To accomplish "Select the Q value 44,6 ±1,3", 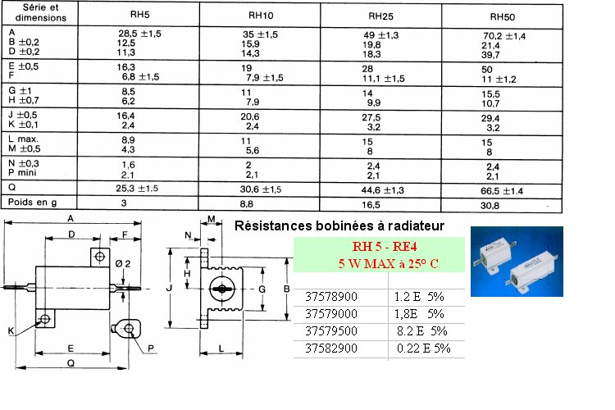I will click(382, 189).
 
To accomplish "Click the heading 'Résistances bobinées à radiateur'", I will click(339, 225).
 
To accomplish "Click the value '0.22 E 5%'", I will click(424, 348).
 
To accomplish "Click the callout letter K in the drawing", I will click(11, 330).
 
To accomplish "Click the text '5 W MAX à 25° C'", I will click(378, 265).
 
